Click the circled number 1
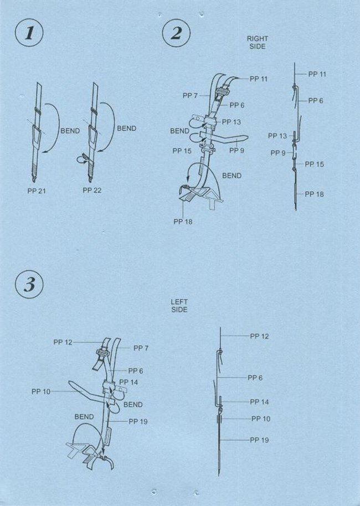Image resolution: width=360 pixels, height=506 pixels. coord(29,34)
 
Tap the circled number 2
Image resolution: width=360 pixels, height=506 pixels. coord(176,34)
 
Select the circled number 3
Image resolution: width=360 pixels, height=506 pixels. coord(29,285)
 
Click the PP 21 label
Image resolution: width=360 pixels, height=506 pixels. coord(37,191)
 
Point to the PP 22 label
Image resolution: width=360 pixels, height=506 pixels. coord(92,191)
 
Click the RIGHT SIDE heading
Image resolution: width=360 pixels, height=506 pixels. coord(258,42)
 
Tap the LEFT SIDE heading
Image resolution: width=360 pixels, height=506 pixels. coord(179,305)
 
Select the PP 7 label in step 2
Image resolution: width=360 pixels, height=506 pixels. coord(191,95)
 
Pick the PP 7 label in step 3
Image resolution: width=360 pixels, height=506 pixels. coord(141,348)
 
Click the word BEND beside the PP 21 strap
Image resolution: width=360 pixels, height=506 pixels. coord(70,131)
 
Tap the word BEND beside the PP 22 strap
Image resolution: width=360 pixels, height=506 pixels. coord(126,129)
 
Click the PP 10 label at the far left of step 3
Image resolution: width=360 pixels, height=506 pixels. coord(40,392)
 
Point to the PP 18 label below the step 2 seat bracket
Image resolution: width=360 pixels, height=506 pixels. coord(183,222)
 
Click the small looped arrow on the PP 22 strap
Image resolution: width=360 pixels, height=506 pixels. coord(81,159)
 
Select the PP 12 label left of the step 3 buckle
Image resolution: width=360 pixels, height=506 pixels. coord(63,343)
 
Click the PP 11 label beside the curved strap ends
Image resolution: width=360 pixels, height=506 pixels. coord(259,79)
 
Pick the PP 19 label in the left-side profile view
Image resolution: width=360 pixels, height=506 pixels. coord(259,440)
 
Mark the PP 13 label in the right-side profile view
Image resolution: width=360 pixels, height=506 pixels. coord(277,136)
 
